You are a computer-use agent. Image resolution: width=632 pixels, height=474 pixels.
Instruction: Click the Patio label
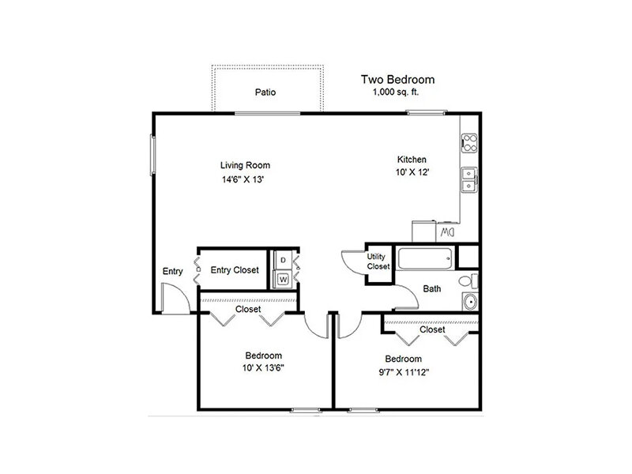(x=265, y=92)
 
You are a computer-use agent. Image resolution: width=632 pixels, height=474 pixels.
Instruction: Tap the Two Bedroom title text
(x=398, y=80)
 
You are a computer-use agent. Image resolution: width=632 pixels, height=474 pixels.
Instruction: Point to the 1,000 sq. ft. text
(x=396, y=92)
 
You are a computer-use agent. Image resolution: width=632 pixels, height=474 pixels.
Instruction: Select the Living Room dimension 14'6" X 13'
(x=243, y=179)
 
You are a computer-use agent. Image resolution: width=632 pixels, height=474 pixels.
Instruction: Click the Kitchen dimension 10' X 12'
(x=412, y=172)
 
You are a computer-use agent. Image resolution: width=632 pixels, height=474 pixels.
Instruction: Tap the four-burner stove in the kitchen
(x=469, y=143)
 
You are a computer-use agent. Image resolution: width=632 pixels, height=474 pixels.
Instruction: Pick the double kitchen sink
(x=469, y=180)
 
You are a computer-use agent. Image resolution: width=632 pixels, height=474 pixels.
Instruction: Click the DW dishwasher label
(x=447, y=232)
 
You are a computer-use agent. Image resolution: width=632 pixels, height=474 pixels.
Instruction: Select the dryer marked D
(x=283, y=261)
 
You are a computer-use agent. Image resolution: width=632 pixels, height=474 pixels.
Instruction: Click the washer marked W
(x=283, y=279)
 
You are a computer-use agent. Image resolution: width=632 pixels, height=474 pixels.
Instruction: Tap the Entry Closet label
(x=235, y=270)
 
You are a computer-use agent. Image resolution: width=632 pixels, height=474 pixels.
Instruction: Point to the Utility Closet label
(x=378, y=261)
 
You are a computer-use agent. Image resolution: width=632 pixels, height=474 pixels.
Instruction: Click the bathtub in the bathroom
(x=425, y=259)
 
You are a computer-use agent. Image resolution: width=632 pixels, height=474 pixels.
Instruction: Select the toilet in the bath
(x=468, y=281)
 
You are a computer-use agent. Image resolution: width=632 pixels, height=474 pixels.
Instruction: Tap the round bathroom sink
(x=470, y=302)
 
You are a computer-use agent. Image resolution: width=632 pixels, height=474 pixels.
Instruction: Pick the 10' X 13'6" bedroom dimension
(x=263, y=368)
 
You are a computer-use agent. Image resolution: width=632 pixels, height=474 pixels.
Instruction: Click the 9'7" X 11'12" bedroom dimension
(x=404, y=372)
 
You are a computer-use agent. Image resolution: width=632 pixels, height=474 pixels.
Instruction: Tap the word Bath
(x=431, y=288)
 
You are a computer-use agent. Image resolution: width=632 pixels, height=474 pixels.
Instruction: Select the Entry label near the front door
(x=172, y=271)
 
